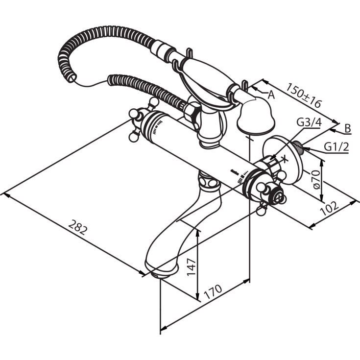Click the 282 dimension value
pyautogui.click(x=78, y=228)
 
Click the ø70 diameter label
pyautogui.click(x=316, y=179)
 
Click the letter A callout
pyautogui.click(x=271, y=95)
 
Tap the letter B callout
pyautogui.click(x=347, y=128)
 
